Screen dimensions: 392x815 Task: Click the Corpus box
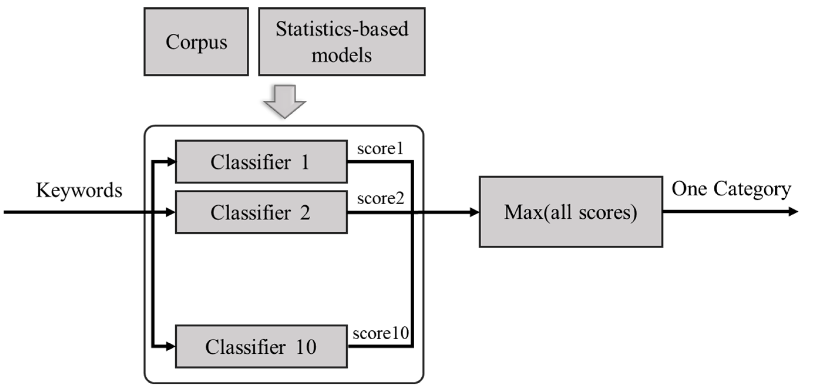pos(196,42)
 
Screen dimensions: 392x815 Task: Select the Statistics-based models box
pos(342,42)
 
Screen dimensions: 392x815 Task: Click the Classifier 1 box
pos(261,162)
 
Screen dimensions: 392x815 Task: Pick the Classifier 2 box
pos(261,212)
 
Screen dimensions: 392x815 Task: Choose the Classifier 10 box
pos(261,347)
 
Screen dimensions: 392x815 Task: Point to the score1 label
pos(380,148)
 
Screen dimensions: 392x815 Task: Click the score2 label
pos(380,198)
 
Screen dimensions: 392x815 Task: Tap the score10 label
pos(380,333)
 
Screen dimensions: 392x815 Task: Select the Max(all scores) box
pos(571,212)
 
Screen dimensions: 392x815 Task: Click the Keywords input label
pos(79,190)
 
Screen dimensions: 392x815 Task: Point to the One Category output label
pos(731,189)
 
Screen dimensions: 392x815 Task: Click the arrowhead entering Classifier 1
pos(171,162)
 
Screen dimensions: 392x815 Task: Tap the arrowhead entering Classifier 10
pos(171,347)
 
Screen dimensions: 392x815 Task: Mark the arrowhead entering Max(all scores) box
pos(474,212)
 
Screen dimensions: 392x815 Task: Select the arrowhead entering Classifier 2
pos(171,212)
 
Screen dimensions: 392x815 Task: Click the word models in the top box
pos(341,56)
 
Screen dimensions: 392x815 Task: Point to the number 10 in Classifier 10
pos(306,347)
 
